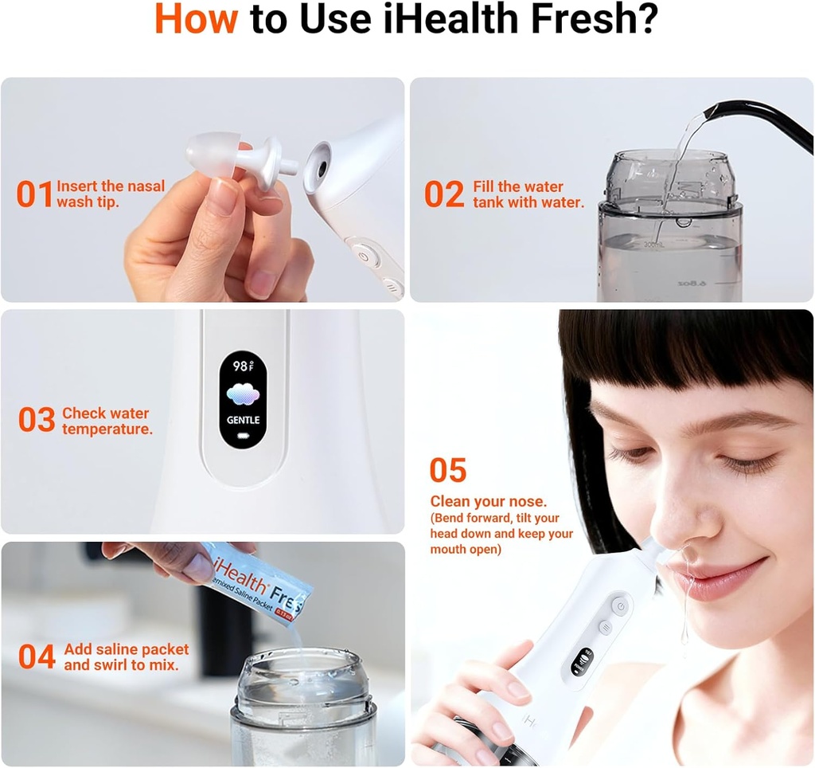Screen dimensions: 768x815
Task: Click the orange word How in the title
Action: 195,21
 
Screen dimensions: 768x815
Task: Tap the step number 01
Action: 34,194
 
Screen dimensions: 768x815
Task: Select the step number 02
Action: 443,194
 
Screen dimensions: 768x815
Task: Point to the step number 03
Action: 37,421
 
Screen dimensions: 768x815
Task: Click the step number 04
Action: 37,657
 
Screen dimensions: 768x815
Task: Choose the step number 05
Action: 447,470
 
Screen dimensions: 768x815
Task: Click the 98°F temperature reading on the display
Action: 243,366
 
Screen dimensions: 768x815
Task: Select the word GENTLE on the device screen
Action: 243,420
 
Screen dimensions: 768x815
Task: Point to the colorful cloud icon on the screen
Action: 243,394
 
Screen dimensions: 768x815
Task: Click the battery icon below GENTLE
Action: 243,437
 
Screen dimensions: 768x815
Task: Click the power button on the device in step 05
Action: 620,606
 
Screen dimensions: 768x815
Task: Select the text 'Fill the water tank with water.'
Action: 528,194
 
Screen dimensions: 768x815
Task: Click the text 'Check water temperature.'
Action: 107,421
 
